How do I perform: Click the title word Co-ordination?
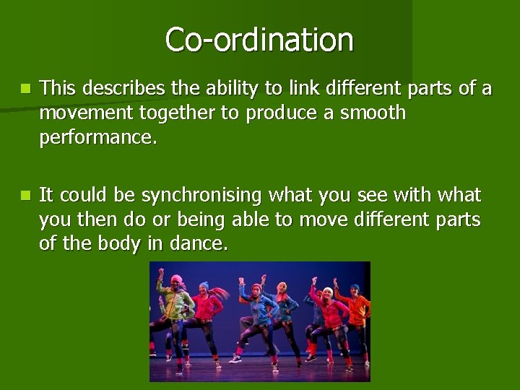click(x=259, y=40)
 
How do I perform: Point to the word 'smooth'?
click(x=370, y=113)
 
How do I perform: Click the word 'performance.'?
click(x=97, y=138)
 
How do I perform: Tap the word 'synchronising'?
click(x=201, y=196)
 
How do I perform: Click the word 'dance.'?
click(x=198, y=245)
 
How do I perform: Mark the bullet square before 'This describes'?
click(x=26, y=89)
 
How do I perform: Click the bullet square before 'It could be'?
click(x=26, y=196)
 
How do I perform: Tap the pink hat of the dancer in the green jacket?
click(x=175, y=279)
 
